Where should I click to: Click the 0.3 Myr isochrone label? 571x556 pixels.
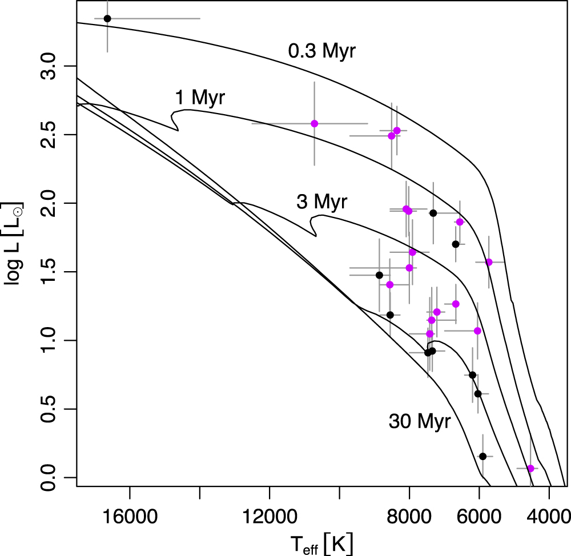(x=321, y=51)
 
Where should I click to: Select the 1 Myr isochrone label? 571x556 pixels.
(x=200, y=98)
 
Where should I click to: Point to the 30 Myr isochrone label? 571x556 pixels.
(x=420, y=422)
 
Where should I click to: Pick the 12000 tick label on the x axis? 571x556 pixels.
(x=270, y=507)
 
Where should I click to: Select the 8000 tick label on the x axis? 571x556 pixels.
(x=409, y=507)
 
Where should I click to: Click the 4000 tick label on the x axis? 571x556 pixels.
(x=549, y=507)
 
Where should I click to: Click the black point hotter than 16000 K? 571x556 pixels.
(x=107, y=18)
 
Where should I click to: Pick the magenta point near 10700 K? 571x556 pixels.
(x=314, y=123)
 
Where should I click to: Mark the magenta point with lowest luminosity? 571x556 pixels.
(x=530, y=468)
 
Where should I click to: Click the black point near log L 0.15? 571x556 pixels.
(x=482, y=456)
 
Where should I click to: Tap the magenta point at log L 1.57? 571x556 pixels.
(x=489, y=262)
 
